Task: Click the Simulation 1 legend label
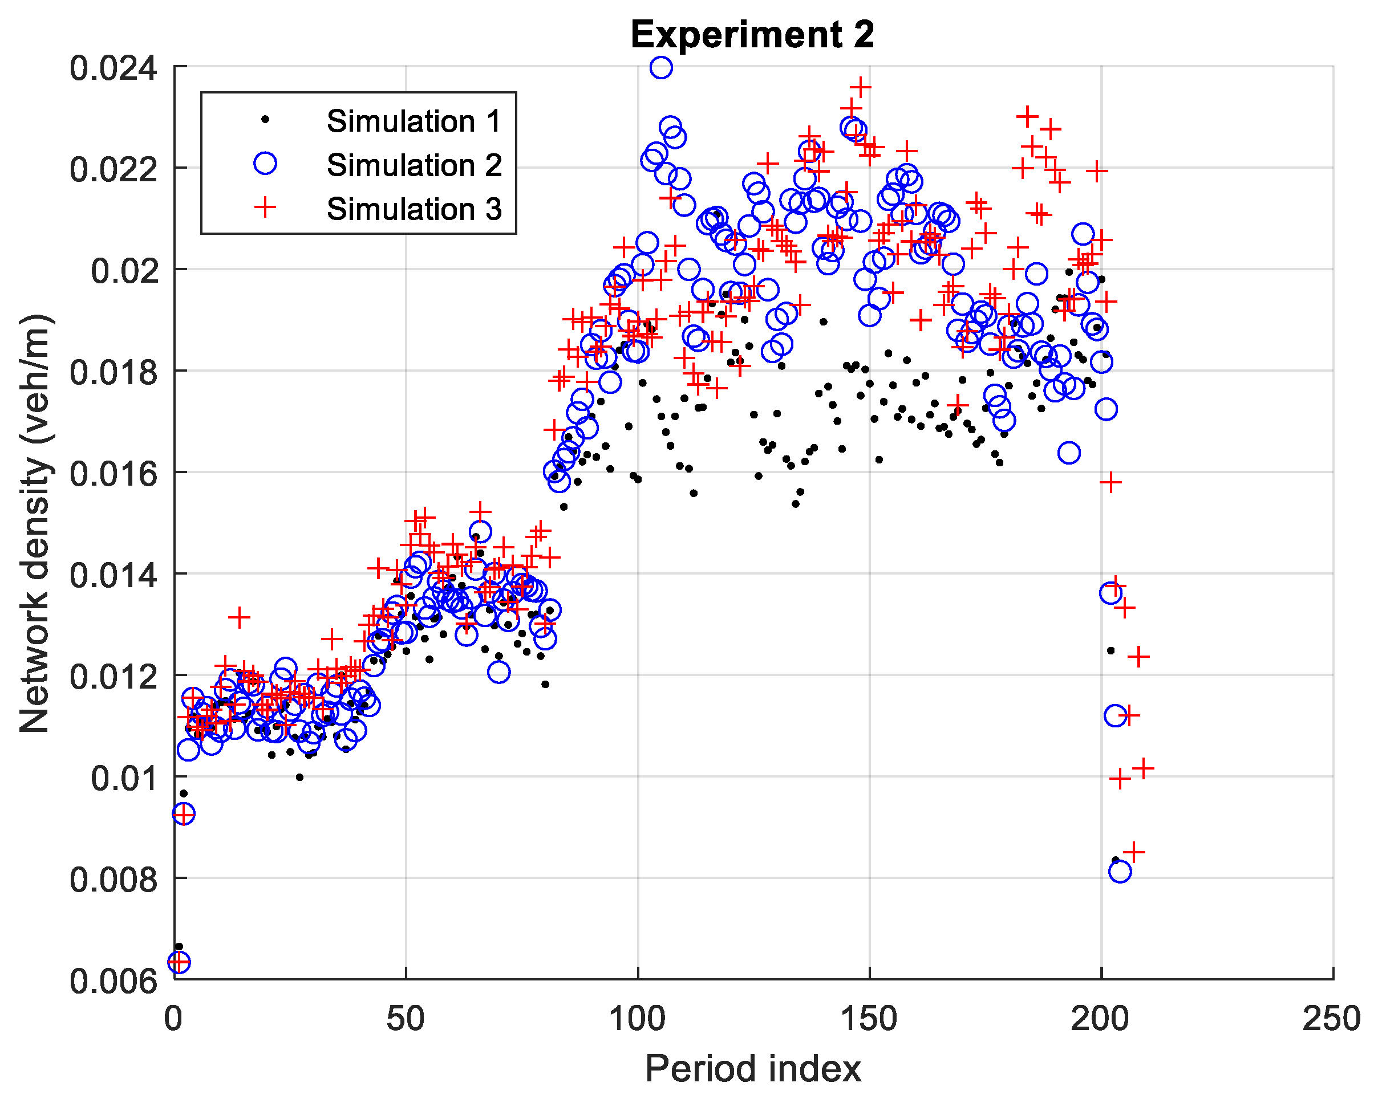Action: [414, 121]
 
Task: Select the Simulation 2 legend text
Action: [414, 165]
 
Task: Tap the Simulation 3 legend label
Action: [414, 209]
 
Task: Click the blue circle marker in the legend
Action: [265, 163]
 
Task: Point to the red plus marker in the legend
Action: [265, 207]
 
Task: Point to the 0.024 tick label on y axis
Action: [113, 68]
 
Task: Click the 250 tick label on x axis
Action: [1331, 1019]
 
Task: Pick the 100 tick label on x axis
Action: [637, 1019]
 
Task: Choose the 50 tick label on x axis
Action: [405, 1019]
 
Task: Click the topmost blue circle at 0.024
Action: [661, 67]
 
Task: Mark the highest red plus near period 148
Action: [860, 87]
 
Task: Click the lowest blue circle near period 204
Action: [1120, 871]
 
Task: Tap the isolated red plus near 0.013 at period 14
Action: [239, 617]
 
